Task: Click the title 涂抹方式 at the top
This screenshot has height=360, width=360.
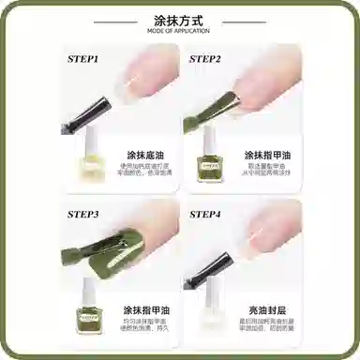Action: tap(180, 19)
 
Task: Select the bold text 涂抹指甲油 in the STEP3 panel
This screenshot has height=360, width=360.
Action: tap(145, 309)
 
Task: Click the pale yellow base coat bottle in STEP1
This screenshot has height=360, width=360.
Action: tap(90, 157)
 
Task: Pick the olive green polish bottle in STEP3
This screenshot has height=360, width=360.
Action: tap(90, 313)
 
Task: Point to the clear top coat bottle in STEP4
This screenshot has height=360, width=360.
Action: tap(212, 313)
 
